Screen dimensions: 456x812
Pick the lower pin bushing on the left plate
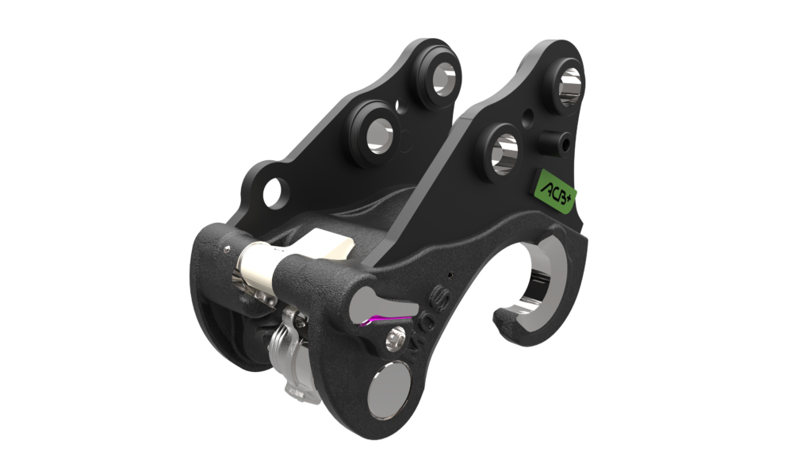[376, 131]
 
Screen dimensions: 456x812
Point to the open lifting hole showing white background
[274, 193]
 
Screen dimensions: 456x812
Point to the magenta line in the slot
[382, 320]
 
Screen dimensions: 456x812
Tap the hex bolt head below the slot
[393, 341]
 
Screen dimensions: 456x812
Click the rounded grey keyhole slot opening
[366, 300]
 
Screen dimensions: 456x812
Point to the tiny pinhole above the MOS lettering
[450, 277]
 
